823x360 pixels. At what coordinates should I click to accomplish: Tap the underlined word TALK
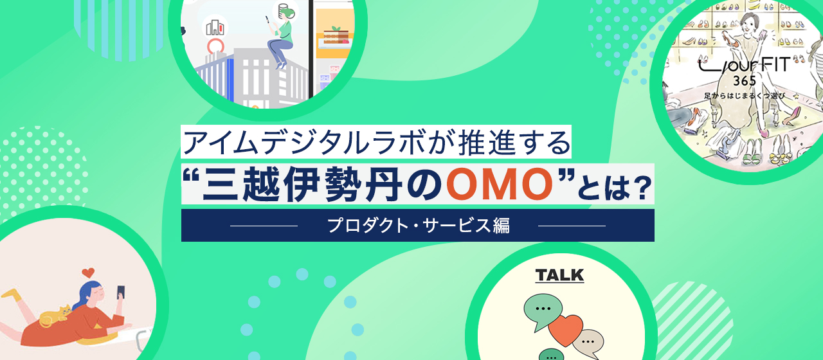559,276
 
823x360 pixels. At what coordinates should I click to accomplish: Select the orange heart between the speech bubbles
566,330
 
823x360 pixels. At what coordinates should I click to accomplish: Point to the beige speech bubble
588,341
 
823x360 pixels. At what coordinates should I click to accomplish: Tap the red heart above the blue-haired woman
89,273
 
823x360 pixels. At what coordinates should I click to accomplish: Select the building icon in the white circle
213,26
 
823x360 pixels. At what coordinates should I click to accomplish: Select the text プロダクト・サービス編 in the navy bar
418,226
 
